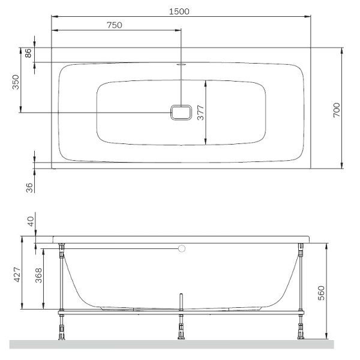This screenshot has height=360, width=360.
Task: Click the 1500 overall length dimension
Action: click(x=179, y=11)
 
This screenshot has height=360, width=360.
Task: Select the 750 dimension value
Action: click(x=115, y=25)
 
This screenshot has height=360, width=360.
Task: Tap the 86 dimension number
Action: click(x=28, y=53)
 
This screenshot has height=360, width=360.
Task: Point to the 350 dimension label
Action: click(x=16, y=82)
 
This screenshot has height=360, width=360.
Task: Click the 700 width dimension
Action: click(x=337, y=110)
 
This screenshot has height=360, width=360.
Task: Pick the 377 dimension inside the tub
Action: click(x=200, y=113)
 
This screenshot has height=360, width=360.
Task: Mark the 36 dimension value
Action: click(x=29, y=188)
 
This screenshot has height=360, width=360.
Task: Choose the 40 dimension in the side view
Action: click(x=31, y=221)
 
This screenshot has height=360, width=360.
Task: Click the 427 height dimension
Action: click(x=17, y=275)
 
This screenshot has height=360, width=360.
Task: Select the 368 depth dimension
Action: click(x=38, y=275)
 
